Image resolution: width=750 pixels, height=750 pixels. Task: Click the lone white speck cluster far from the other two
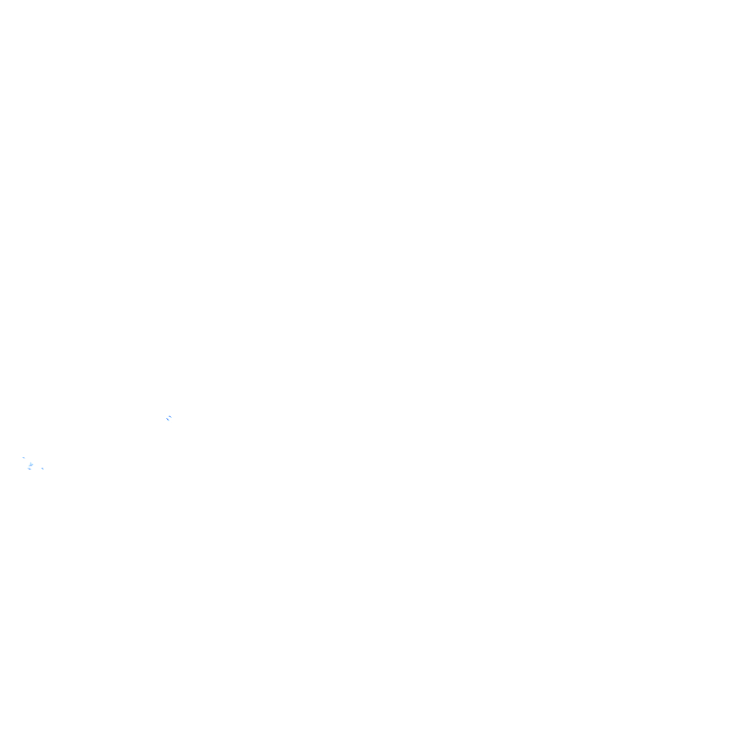click(169, 417)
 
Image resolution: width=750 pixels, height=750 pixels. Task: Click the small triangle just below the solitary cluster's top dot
click(171, 411)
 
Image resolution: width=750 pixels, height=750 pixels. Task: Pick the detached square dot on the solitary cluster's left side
click(164, 416)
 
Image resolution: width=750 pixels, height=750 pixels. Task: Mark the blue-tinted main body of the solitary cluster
click(169, 417)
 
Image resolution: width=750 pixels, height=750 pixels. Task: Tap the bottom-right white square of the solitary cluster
click(172, 422)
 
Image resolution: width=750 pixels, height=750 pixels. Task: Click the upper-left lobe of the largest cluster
click(23, 457)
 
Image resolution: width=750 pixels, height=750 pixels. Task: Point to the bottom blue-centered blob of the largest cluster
click(29, 468)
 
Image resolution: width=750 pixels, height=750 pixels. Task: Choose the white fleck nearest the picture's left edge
click(22, 457)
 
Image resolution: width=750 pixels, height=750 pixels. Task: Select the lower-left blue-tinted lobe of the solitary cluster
click(167, 419)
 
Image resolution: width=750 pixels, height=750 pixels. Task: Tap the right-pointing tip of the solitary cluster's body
click(173, 417)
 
